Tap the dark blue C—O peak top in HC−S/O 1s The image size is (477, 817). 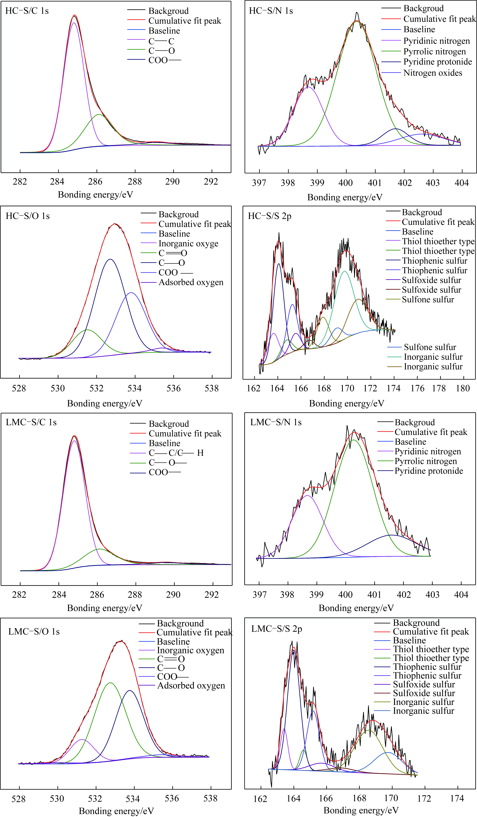(110, 259)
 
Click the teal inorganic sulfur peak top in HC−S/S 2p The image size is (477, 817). (345, 271)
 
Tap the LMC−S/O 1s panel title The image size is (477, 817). (34, 632)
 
